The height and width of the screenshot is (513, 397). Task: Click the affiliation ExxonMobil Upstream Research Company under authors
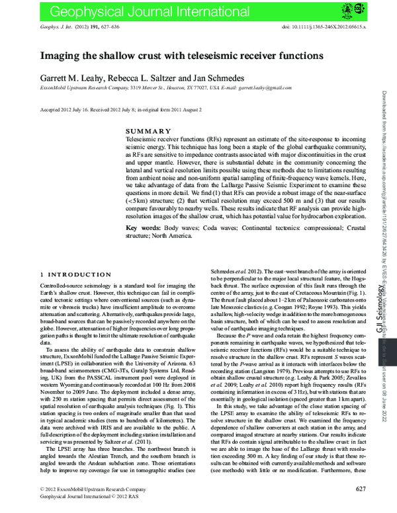coord(83,87)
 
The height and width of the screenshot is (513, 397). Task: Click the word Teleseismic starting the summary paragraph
coord(141,141)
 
